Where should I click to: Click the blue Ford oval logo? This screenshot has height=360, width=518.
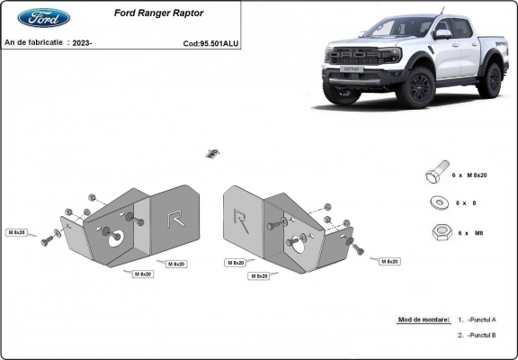43,18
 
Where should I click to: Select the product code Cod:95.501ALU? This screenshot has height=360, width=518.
210,42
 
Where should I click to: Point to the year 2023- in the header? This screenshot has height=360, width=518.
81,42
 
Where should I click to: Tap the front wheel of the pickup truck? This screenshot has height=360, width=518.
418,87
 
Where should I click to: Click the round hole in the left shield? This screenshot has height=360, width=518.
116,238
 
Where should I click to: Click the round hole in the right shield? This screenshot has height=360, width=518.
297,241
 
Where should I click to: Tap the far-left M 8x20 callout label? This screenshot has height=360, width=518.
17,232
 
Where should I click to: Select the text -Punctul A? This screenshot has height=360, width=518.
482,319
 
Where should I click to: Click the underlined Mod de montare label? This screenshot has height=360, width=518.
423,319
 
